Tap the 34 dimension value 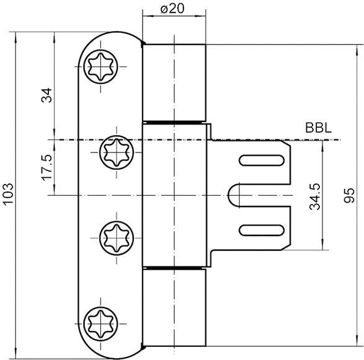coord(48,95)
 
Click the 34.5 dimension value coord(315,196)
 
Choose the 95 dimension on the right coord(350,196)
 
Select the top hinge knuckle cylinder coord(174,81)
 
